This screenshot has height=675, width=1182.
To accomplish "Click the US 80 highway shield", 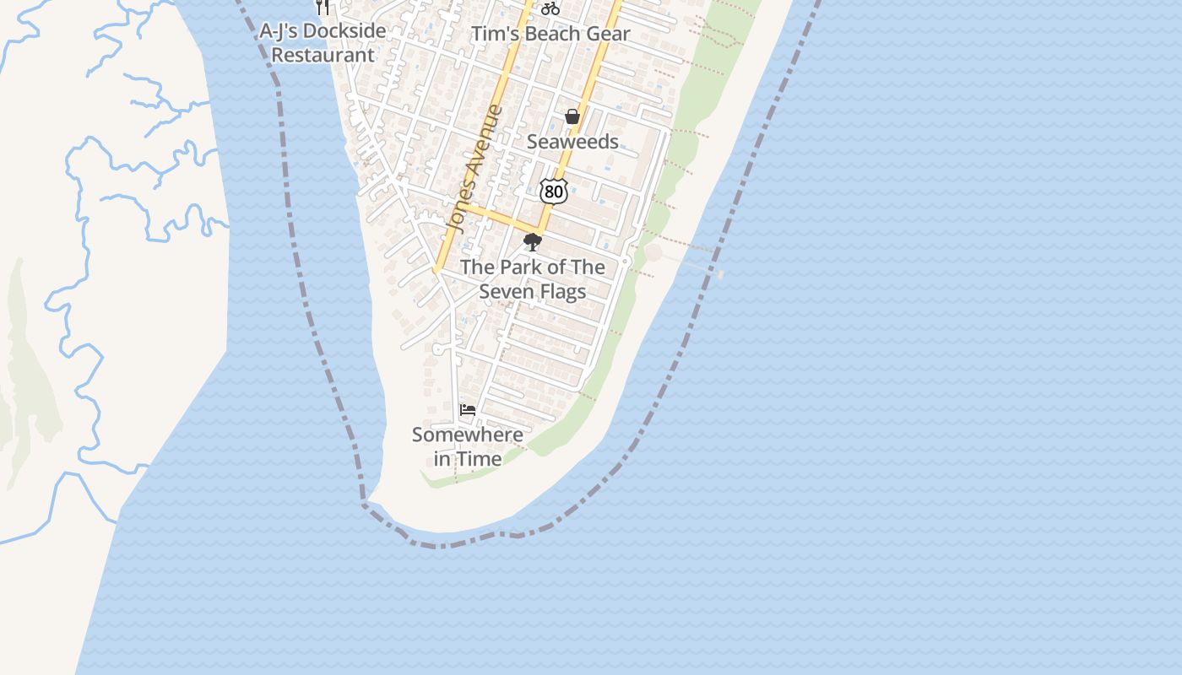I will tap(553, 191).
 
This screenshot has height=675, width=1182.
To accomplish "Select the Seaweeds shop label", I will tap(572, 142).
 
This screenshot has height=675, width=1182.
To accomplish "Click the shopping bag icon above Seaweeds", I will tap(572, 116).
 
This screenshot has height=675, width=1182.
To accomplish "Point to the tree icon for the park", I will tap(532, 243).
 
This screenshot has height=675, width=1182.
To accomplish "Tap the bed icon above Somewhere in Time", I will tap(468, 410).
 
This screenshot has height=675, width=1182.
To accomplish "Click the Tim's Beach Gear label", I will tap(550, 34).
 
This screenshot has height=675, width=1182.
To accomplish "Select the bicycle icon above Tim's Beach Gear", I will tap(550, 8).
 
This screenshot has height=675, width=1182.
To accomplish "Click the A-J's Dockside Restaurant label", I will tap(323, 43).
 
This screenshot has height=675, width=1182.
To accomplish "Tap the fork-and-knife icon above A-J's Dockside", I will tap(323, 7).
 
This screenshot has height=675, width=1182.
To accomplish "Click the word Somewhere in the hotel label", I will tap(467, 435).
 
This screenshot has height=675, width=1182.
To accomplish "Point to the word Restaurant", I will tap(323, 55).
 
